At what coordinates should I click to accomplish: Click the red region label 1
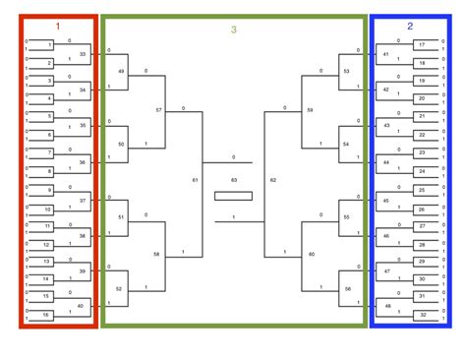point(58,27)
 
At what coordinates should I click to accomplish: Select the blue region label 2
point(409,27)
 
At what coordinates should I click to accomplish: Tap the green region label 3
point(234,30)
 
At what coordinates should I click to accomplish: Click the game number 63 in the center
point(234,180)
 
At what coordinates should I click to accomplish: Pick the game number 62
point(272,180)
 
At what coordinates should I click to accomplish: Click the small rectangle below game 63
point(234,196)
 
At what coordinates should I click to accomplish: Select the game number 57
point(158,109)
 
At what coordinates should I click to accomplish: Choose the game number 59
point(310,109)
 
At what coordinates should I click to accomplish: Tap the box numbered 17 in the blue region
point(423,45)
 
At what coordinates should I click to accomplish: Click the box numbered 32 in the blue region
point(423,314)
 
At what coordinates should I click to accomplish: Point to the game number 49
point(121,72)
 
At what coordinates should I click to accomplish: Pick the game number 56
point(347,288)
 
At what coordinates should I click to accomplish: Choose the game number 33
point(83,54)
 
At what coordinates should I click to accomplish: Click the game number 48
point(386,306)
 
